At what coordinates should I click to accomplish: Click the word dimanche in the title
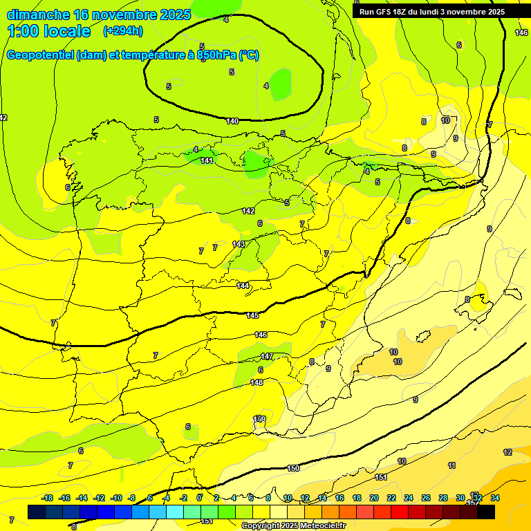click(38, 15)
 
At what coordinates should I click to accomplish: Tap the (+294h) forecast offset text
click(123, 31)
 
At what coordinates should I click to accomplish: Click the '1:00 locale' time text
click(49, 31)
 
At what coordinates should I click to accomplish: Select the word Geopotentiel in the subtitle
click(40, 55)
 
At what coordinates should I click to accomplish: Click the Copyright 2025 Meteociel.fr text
click(293, 526)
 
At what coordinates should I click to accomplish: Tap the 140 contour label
click(232, 121)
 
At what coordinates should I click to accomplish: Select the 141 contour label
click(207, 160)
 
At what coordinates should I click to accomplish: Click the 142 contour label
click(248, 211)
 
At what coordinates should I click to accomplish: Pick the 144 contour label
click(243, 286)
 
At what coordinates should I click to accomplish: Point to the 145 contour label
click(252, 315)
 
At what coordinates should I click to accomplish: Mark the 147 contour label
click(267, 357)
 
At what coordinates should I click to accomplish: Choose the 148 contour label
click(257, 382)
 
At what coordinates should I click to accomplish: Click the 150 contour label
click(293, 468)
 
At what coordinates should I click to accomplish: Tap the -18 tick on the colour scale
click(48, 498)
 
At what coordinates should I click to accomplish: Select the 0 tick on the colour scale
click(199, 498)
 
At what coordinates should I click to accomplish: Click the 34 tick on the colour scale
click(494, 498)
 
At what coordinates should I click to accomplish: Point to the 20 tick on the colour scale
click(373, 498)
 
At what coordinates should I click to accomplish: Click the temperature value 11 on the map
click(451, 465)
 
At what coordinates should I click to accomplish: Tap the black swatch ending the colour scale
click(486, 512)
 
